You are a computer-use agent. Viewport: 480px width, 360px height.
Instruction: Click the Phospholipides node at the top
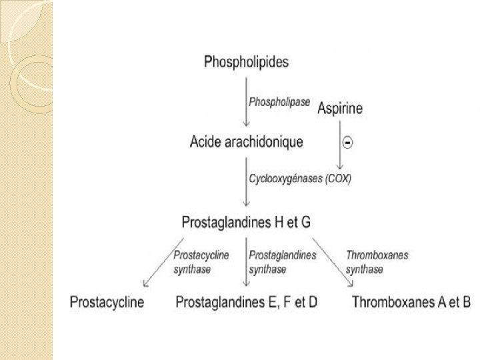coord(246,63)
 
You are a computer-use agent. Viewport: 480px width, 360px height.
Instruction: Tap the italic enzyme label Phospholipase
coord(279,102)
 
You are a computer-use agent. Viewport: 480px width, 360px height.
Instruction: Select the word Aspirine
coord(340,108)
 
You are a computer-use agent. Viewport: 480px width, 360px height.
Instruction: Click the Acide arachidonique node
coord(246,142)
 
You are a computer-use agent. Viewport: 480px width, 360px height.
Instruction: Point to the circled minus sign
coord(347,142)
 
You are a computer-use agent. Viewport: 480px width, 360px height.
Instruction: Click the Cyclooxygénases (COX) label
coord(300,179)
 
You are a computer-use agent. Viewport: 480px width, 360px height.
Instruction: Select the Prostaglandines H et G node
coord(246,222)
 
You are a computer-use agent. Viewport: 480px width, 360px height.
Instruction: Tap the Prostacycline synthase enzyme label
coord(201,262)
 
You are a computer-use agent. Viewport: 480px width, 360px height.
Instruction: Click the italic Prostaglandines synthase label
coord(282,262)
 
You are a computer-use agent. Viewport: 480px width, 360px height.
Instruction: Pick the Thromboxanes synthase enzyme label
coord(377,262)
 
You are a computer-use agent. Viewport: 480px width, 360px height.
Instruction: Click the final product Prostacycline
coord(107,303)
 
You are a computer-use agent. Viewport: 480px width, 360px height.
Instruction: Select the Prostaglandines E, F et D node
coord(246,303)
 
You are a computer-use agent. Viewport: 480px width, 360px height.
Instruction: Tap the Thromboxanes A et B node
coord(411,303)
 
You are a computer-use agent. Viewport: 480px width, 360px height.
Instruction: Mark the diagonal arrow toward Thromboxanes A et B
coord(333,261)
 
